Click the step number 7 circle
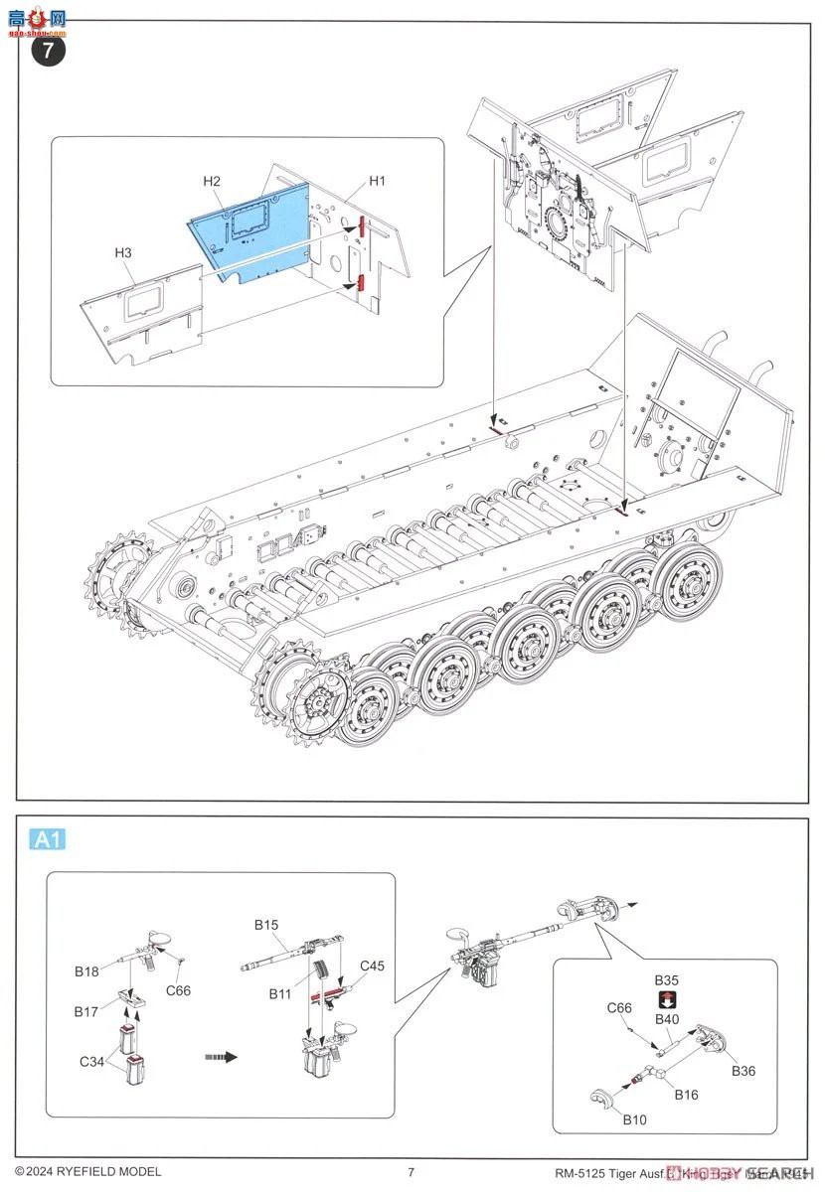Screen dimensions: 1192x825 (49, 51)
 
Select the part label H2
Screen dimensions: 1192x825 (212, 181)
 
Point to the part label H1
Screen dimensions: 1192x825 (377, 181)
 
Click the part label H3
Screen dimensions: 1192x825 (122, 253)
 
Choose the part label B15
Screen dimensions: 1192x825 (265, 925)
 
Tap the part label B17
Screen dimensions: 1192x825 (86, 1011)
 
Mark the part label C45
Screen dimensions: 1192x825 (372, 965)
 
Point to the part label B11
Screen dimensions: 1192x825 (281, 992)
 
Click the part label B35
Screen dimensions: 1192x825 (666, 980)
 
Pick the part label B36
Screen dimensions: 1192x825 (743, 1070)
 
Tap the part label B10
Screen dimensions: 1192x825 (634, 1119)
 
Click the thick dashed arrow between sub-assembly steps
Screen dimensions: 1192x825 (221, 1056)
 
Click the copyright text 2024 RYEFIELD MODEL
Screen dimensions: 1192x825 (87, 1172)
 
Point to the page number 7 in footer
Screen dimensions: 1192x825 (411, 1172)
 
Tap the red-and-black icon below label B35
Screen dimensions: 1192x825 (666, 999)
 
